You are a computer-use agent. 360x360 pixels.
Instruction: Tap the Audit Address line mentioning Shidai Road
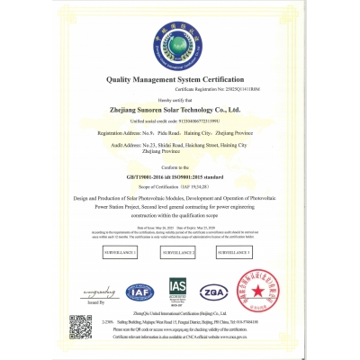click(x=180, y=145)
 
